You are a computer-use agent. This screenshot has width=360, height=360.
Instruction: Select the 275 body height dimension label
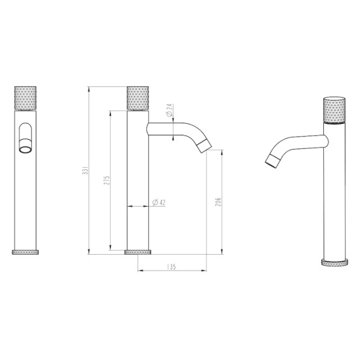click(107, 180)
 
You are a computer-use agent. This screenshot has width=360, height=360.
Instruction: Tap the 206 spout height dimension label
click(217, 202)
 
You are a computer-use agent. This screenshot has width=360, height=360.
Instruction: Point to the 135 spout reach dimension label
click(171, 266)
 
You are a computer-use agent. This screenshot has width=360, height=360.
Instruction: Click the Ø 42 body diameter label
click(159, 202)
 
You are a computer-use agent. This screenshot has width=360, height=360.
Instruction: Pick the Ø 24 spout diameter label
click(170, 110)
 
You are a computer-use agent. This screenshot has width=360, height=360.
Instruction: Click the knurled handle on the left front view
click(25, 98)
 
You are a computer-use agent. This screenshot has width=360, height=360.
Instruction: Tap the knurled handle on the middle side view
click(138, 98)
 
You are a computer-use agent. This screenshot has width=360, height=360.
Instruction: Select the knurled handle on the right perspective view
click(334, 110)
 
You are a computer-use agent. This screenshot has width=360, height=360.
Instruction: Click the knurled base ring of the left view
click(25, 252)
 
